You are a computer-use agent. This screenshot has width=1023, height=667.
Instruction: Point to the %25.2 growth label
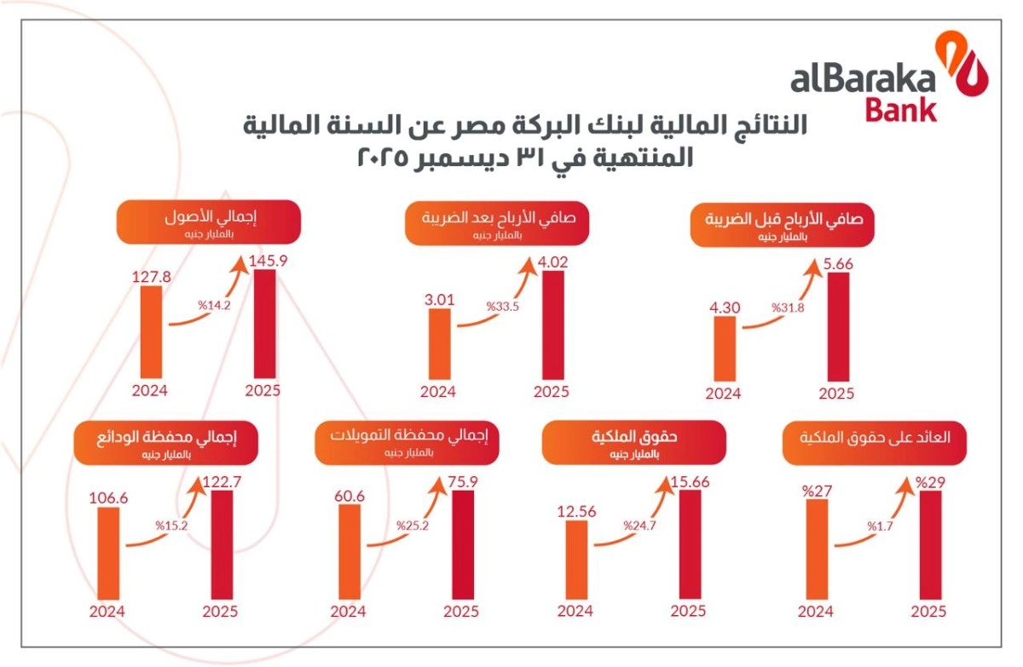click(x=414, y=526)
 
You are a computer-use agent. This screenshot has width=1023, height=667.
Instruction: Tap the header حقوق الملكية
click(x=635, y=442)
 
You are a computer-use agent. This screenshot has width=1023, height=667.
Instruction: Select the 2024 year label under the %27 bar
click(x=815, y=612)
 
